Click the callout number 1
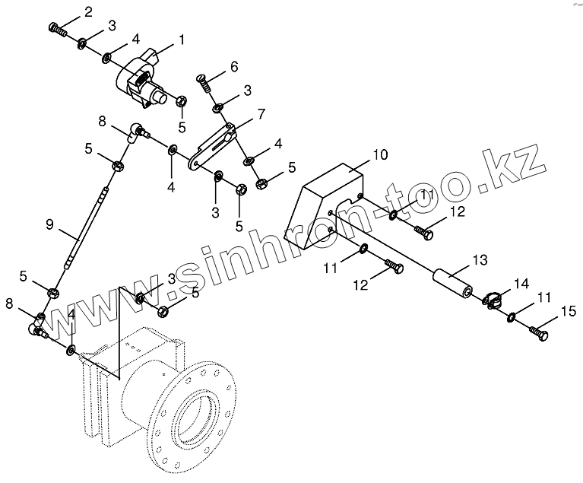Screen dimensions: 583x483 [181, 38]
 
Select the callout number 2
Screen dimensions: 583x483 [89, 11]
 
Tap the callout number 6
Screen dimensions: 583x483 [234, 67]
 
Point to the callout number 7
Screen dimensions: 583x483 [261, 114]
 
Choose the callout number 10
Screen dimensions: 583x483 [380, 154]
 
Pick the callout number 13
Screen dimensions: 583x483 [479, 261]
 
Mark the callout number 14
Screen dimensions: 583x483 [519, 284]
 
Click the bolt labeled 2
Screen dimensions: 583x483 [59, 29]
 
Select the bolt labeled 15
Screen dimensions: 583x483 [538, 332]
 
